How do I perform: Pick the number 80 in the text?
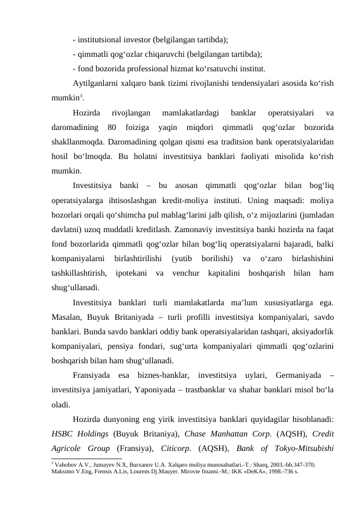click(111, 128)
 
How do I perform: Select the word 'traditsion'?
click(222, 141)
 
